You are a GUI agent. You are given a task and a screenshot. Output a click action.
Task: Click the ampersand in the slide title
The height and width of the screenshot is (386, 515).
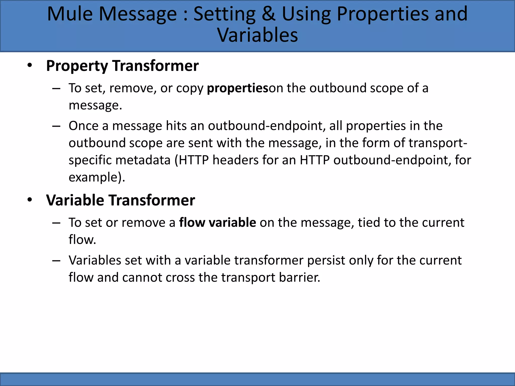[269, 14]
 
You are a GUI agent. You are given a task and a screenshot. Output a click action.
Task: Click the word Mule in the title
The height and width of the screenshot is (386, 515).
[70, 14]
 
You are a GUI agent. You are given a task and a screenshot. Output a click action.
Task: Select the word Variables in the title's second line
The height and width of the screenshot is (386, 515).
[257, 35]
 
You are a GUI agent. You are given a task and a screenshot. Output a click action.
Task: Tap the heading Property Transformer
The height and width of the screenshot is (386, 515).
[122, 66]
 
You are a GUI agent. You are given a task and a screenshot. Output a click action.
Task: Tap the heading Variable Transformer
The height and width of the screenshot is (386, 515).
[120, 200]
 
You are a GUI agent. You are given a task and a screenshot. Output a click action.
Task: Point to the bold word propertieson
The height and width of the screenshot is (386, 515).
[237, 88]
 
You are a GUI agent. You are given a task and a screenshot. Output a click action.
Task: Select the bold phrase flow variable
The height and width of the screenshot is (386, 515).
[217, 223]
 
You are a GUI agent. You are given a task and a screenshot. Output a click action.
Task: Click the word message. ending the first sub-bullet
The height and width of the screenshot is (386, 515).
[95, 105]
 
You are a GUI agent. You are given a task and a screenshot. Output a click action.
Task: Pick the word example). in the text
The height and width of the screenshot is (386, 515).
[97, 177]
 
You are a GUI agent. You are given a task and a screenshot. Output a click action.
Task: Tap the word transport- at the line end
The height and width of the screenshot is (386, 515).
[438, 143]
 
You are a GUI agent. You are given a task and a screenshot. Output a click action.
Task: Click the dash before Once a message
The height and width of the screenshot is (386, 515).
[56, 126]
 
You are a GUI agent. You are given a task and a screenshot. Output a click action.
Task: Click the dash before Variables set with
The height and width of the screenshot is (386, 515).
[56, 260]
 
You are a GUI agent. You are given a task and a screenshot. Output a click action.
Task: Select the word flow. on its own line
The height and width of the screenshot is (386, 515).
[82, 240]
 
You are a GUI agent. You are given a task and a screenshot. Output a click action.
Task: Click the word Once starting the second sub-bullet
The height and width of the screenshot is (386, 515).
[83, 126]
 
